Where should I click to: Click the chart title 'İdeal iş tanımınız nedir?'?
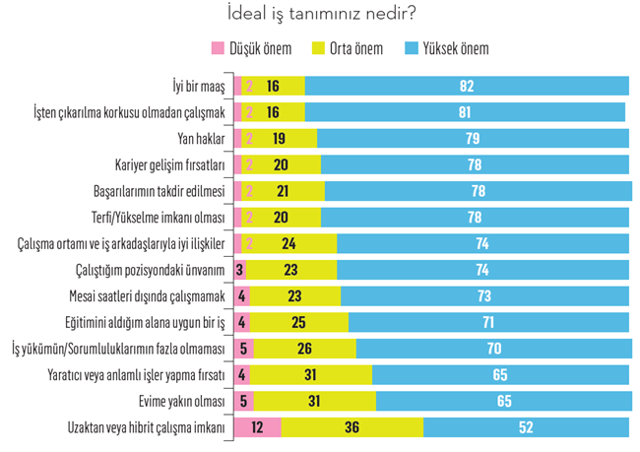coord(320,15)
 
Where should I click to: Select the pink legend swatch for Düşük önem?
coord(218,48)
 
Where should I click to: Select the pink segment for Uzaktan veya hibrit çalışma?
coord(258,428)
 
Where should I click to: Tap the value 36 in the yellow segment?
coord(351,428)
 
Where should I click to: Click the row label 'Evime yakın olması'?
coord(184,402)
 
